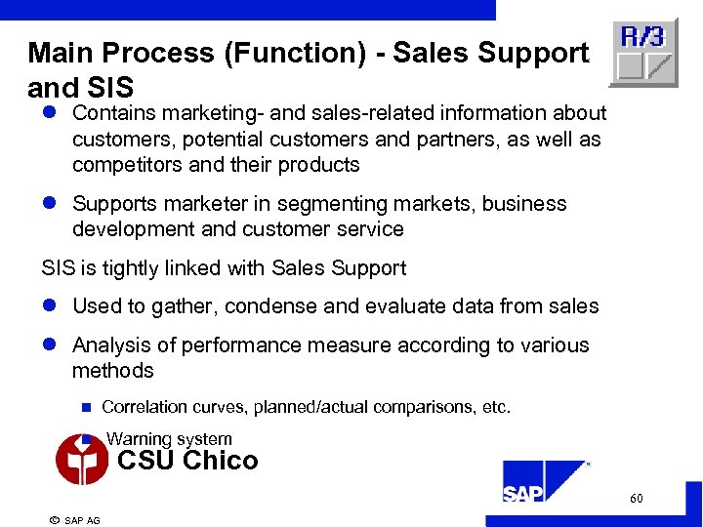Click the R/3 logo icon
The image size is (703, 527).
click(x=642, y=53)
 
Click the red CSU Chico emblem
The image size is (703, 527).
click(x=82, y=459)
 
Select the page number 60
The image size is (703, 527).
click(x=636, y=499)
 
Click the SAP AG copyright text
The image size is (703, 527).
click(x=75, y=520)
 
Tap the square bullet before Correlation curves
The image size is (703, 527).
click(x=85, y=407)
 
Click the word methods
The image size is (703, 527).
click(x=113, y=371)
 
